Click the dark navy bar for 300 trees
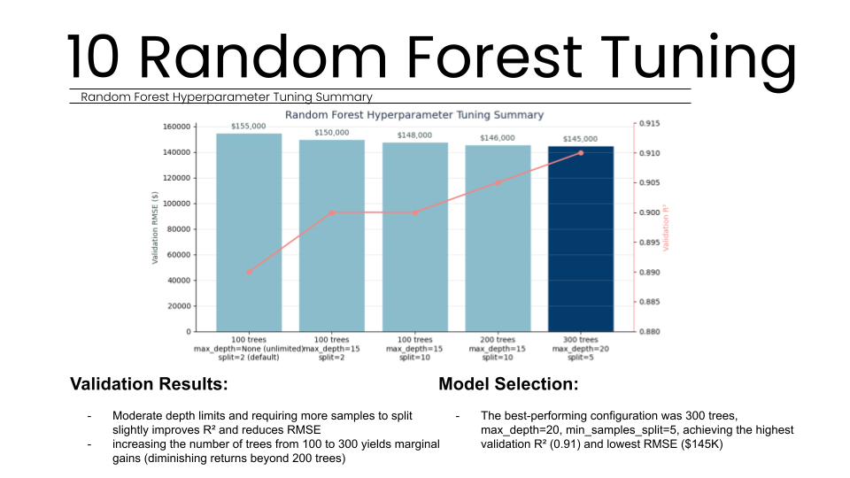tap(581, 239)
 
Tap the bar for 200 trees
tap(498, 239)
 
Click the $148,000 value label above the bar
tap(414, 135)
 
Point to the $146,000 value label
tap(498, 138)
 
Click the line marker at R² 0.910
tap(581, 153)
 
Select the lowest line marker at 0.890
tap(249, 272)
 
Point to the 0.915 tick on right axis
tap(652, 124)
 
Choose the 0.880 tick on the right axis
tap(652, 332)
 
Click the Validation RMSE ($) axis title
tap(155, 228)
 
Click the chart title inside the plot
tap(414, 115)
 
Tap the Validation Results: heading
tap(149, 384)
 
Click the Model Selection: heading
tap(508, 384)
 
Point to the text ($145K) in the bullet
tap(703, 443)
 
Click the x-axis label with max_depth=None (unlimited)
tap(249, 349)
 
